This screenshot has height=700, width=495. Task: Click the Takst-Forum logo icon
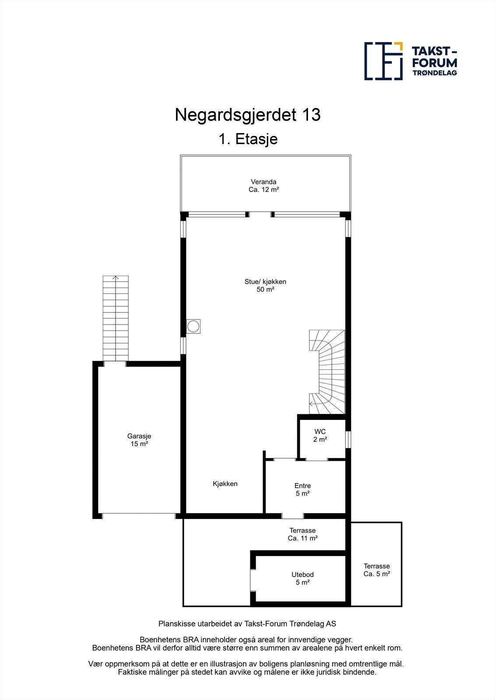pos(383,61)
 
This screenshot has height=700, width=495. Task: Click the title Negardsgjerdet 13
pos(248,115)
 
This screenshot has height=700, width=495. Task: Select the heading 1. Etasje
pos(248,139)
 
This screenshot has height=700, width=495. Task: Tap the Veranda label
pos(263,182)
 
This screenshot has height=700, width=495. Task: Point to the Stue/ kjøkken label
pos(265,282)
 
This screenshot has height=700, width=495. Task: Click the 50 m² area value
pos(265,290)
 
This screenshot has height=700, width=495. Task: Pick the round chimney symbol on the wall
pos(193,326)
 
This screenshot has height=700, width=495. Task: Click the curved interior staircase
pos(327,372)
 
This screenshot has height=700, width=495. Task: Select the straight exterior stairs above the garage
pos(116,318)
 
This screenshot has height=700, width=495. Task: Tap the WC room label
pos(320,432)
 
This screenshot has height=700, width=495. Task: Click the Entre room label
pos(302,486)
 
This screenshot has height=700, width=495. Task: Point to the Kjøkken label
pos(225,483)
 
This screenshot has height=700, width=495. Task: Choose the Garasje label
pos(139,436)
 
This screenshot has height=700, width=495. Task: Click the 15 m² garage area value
pos(139,444)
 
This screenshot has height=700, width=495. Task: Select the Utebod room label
pos(302,574)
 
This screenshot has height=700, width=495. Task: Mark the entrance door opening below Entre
pos(292,516)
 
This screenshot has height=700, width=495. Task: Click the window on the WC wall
pos(348,440)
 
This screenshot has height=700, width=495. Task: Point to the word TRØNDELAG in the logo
pos(435,73)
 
